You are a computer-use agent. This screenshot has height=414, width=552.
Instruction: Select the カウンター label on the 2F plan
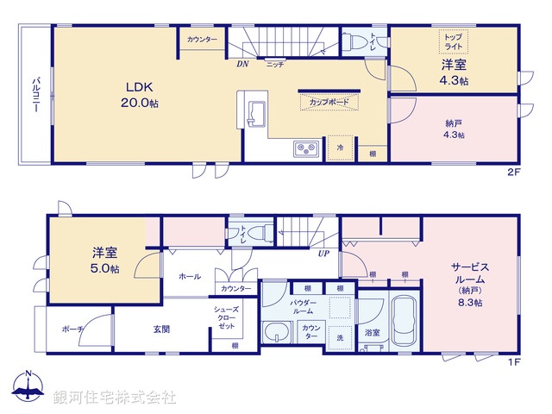[203, 40]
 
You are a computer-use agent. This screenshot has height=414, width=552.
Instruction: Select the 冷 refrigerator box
[340, 148]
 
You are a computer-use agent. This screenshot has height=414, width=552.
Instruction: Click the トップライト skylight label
[453, 41]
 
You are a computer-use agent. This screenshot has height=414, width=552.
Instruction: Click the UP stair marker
[323, 253]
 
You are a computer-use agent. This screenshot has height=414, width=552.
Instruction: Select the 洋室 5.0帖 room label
[106, 260]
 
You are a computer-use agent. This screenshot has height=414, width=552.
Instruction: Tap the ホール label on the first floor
[189, 276]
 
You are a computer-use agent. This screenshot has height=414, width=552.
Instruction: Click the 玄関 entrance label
[162, 329]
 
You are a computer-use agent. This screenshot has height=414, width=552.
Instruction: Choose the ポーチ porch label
[72, 329]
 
